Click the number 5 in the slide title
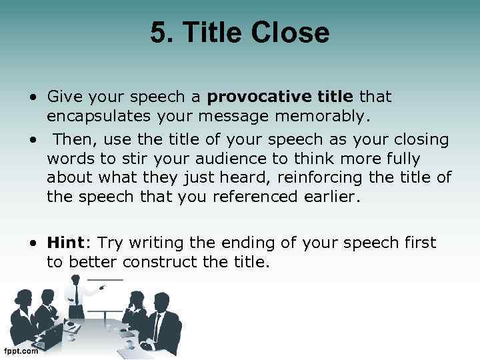click(x=157, y=33)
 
